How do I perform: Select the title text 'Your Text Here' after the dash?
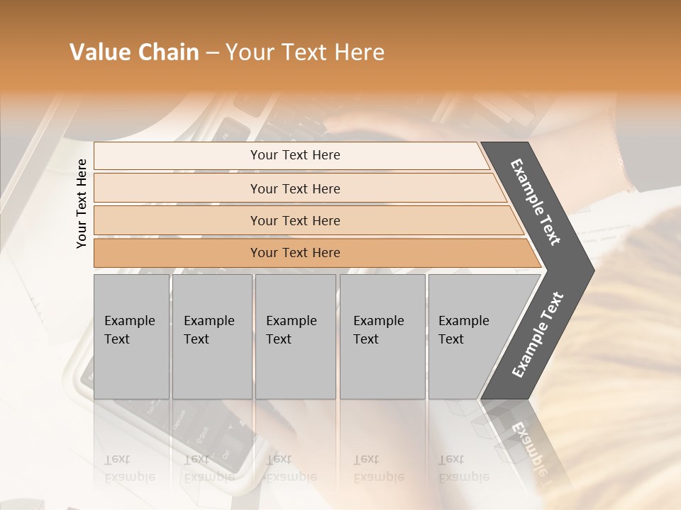pos(305,52)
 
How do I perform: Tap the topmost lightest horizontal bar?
pos(177,156)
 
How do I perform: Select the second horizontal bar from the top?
pos(177,188)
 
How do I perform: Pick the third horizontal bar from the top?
pos(177,220)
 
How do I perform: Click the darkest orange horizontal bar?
pos(177,253)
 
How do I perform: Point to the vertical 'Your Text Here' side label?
pos(82,204)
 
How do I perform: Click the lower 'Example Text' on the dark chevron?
pos(538,335)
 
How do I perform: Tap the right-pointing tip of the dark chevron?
pos(589,271)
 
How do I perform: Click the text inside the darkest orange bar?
pos(295,253)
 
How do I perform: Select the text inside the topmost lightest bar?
pos(295,155)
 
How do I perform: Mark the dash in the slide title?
pos(212,53)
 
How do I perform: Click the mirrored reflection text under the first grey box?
pos(129,468)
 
